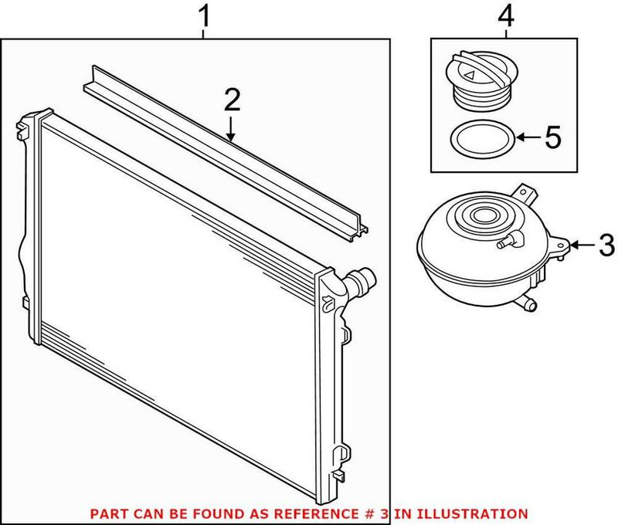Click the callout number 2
point(232,100)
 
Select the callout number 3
point(606,246)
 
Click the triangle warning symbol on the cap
point(470,74)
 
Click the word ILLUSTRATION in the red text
point(477,513)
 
